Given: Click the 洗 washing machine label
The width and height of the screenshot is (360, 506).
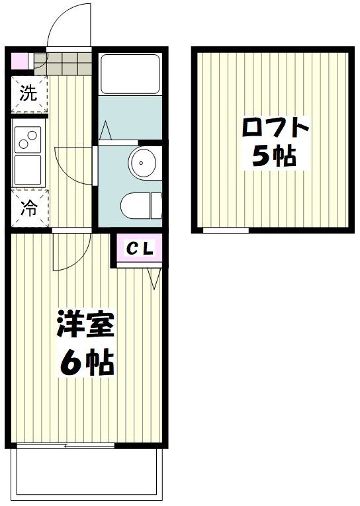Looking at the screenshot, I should [x=27, y=94].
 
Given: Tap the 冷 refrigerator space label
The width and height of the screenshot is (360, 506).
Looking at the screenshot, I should [x=27, y=208].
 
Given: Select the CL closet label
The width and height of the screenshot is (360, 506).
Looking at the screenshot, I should [x=140, y=249].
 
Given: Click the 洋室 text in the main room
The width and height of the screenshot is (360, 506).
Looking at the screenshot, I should [x=86, y=323].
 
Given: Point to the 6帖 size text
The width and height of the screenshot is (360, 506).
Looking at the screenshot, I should [x=86, y=362].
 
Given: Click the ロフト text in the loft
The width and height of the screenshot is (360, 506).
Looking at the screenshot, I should [x=275, y=127].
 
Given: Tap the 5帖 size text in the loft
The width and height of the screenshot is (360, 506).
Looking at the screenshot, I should [x=273, y=157].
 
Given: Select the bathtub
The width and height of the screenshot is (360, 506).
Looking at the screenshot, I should [x=129, y=74].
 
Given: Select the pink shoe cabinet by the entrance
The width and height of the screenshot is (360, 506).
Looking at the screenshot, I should [x=21, y=61].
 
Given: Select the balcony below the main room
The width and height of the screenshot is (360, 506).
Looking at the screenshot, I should [x=86, y=473].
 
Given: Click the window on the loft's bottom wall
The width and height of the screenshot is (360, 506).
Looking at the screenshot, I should [x=225, y=231].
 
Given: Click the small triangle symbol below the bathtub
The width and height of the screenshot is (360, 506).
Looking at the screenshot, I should [x=105, y=132].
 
